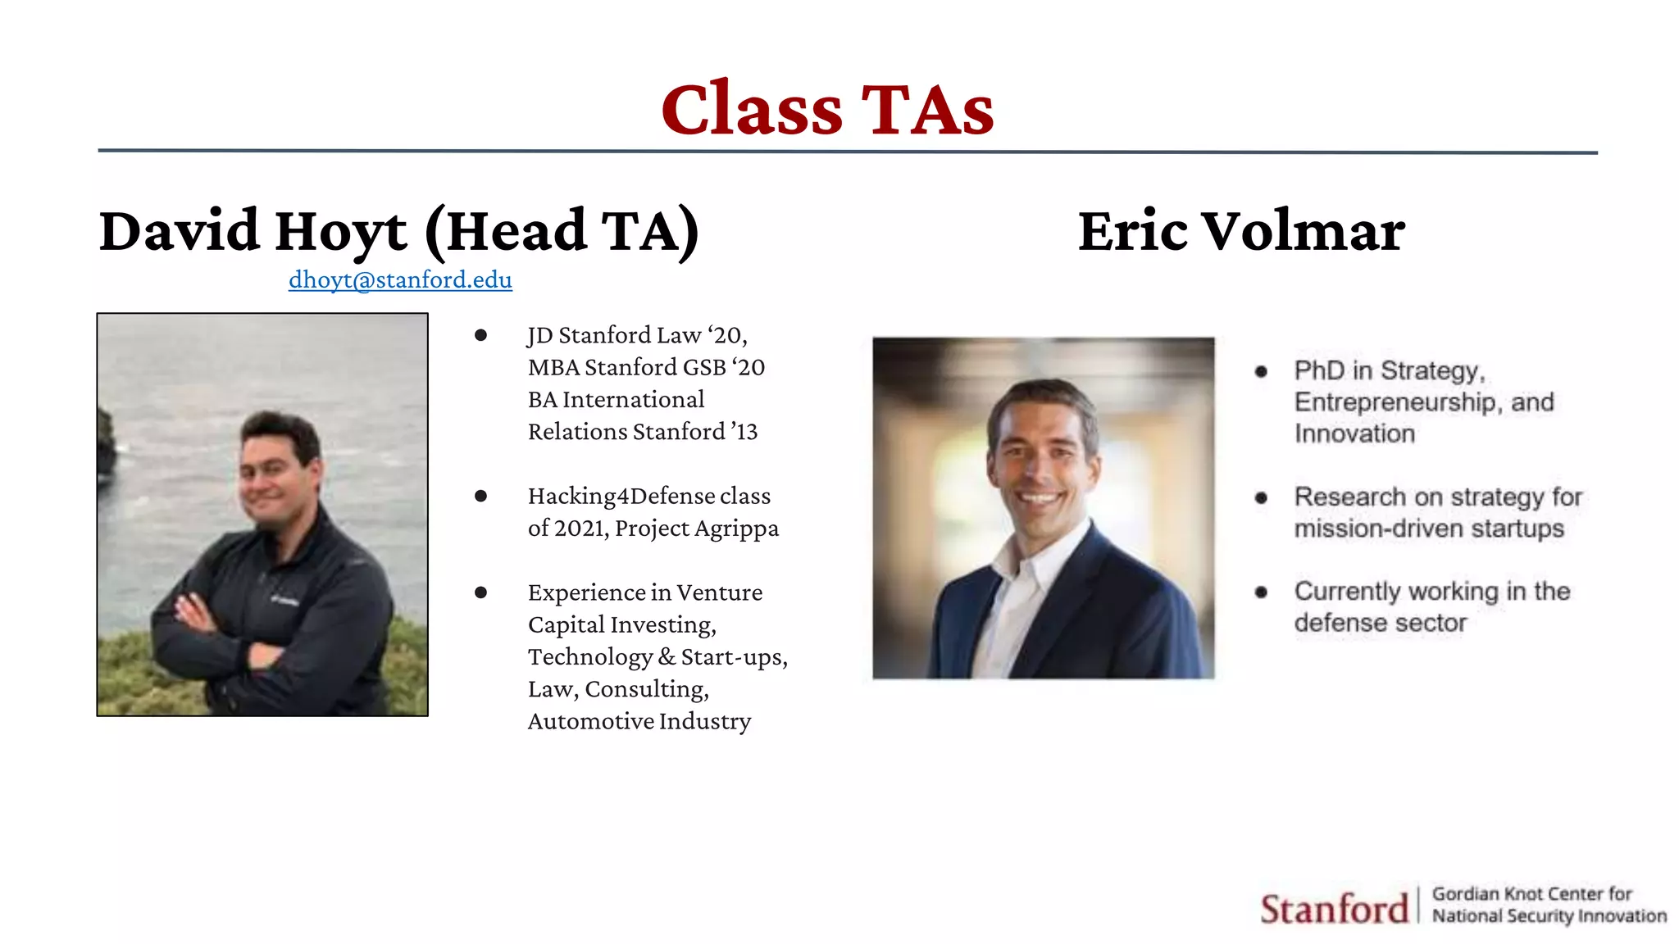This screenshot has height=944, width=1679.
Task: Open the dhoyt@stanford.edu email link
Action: coord(400,280)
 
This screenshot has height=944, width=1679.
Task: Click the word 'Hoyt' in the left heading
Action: coord(341,231)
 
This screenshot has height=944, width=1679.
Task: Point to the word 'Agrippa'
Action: coord(737,529)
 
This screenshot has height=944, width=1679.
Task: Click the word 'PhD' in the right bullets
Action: coord(1319,370)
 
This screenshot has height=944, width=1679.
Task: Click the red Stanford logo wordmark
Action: coord(1334,909)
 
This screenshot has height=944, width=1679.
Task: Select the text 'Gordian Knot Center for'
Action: coord(1531,894)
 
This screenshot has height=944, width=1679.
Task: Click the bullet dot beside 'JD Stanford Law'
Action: coord(481,335)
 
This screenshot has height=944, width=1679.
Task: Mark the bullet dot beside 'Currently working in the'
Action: coord(1261,592)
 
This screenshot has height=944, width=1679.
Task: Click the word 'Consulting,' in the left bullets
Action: coord(647,689)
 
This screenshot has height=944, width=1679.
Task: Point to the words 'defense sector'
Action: coord(1380,623)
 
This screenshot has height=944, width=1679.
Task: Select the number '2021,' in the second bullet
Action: coord(582,529)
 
